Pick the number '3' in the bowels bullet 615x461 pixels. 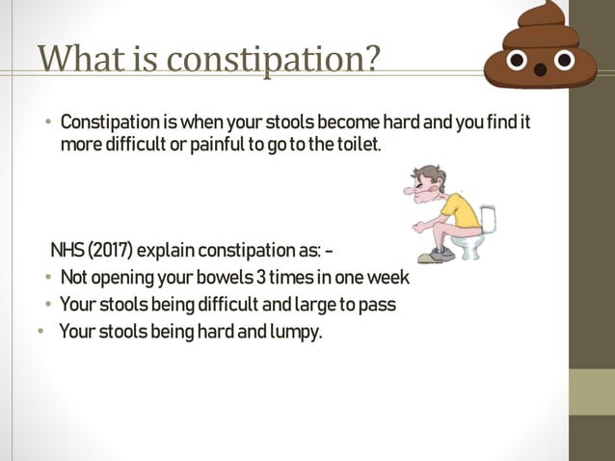point(260,279)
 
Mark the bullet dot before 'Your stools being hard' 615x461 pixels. point(40,333)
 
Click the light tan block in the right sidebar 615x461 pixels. point(591,392)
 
